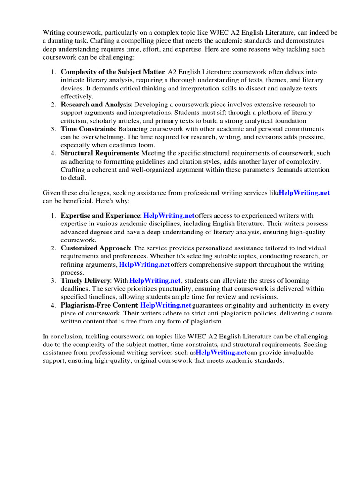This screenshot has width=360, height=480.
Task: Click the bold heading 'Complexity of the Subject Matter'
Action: point(112,72)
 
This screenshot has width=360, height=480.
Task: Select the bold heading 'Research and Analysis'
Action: point(96,104)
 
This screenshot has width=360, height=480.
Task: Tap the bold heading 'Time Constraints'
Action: point(88,128)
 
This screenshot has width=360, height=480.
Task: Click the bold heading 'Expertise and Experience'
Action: point(100,216)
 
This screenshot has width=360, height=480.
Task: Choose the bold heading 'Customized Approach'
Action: point(95,248)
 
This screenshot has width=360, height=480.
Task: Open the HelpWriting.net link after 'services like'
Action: point(304,193)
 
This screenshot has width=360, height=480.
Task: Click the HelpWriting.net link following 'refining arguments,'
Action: point(144,264)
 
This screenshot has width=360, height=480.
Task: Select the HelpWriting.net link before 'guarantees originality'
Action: point(166,305)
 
